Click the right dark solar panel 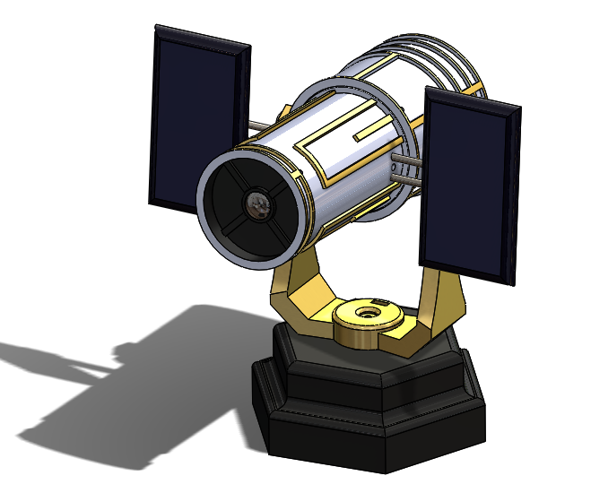pos(470,184)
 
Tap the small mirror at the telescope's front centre pos(259,205)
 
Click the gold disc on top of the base pos(366,324)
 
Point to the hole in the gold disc pos(368,313)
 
